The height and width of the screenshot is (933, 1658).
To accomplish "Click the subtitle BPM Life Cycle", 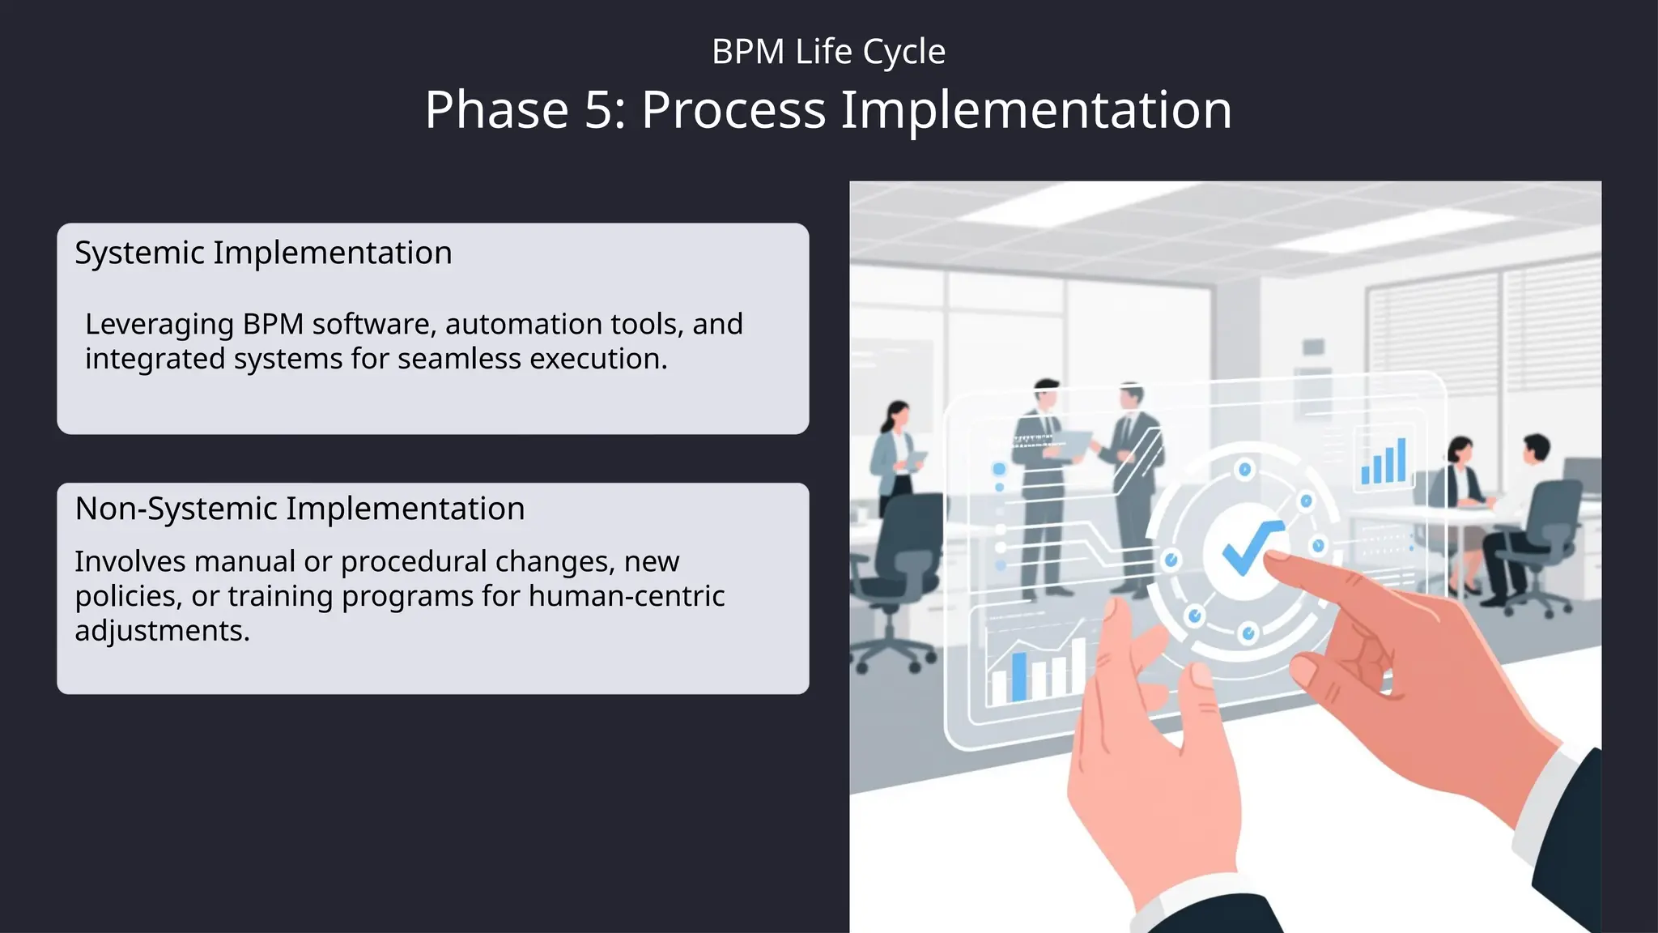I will point(828,52).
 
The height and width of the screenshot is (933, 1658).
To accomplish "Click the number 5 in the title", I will point(599,110).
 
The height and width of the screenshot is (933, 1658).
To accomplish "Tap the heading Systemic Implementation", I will point(263,253).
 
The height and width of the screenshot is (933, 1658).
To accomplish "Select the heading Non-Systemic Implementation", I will point(300,509).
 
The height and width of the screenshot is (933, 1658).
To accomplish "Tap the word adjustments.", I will point(161,631).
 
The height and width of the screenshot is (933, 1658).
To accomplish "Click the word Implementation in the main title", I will point(1035,110).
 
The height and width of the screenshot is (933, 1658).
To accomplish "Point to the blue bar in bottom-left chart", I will point(1018,676).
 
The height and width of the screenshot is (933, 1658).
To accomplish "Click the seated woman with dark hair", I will point(1457,486).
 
